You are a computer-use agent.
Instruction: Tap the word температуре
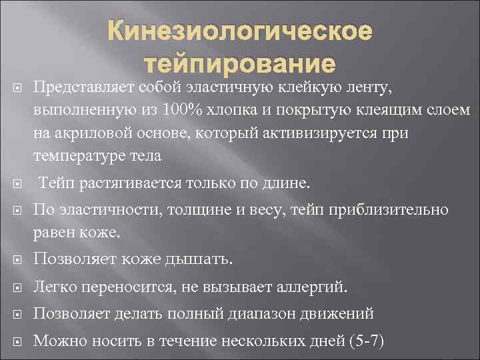[75, 157]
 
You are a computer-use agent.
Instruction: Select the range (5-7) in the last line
[367, 341]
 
